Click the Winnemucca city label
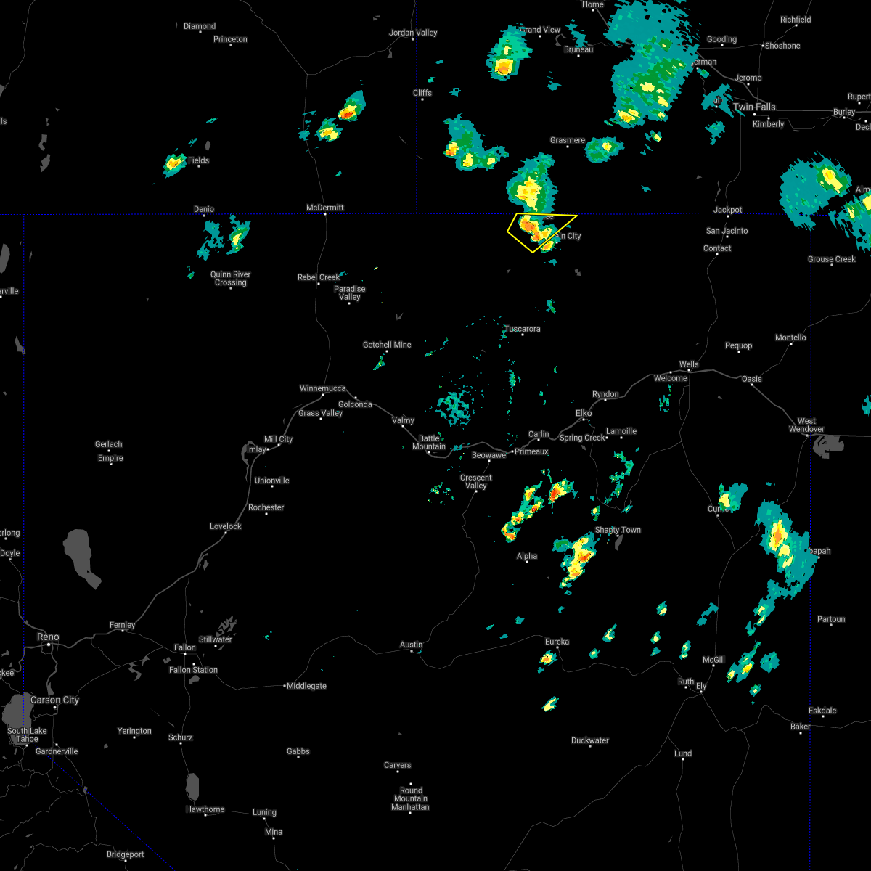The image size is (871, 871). pos(323,388)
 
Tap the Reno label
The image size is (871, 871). pos(49,637)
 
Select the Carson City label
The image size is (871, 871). pos(55,700)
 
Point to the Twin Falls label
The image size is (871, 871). pos(754,107)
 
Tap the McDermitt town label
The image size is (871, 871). pos(324,208)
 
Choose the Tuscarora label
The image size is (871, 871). pos(523,329)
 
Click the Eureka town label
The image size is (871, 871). pos(557,642)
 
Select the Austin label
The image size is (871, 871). pos(412,645)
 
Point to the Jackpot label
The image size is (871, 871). pos(727,210)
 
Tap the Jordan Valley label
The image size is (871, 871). pos(413,33)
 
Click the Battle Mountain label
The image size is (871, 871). pos(429,442)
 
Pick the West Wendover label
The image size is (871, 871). pos(806,425)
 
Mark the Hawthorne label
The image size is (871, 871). pos(205,809)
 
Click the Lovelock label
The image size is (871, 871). pos(226,526)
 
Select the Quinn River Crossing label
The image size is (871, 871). pos(231,279)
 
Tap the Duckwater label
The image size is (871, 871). pos(590,740)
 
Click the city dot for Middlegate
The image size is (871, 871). pos(285,686)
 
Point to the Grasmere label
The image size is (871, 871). pos(568,140)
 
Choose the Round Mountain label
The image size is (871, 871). pos(411,795)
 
